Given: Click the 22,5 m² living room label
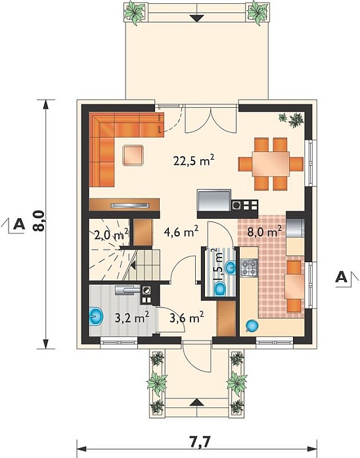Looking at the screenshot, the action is (x=194, y=160).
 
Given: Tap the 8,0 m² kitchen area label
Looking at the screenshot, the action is (x=265, y=232).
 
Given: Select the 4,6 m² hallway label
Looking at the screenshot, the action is (x=181, y=232).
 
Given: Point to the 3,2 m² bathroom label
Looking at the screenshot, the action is (x=132, y=317).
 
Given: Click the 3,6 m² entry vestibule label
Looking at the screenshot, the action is (x=187, y=317).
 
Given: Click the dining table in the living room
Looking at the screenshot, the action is (x=271, y=164).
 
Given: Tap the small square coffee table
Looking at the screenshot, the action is (x=133, y=155).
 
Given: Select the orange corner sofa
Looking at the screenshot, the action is (x=117, y=137).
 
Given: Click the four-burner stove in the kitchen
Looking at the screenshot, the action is (x=249, y=268).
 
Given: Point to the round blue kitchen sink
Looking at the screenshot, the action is (x=252, y=325).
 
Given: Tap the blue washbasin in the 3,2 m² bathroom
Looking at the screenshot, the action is (x=95, y=317).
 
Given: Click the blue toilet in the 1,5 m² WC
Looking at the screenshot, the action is (x=219, y=289).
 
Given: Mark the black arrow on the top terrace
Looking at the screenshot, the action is (x=197, y=18).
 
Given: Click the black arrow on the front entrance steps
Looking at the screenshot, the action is (x=197, y=403).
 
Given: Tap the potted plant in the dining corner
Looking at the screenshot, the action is (x=292, y=119).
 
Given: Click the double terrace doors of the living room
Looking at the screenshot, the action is (x=210, y=119).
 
